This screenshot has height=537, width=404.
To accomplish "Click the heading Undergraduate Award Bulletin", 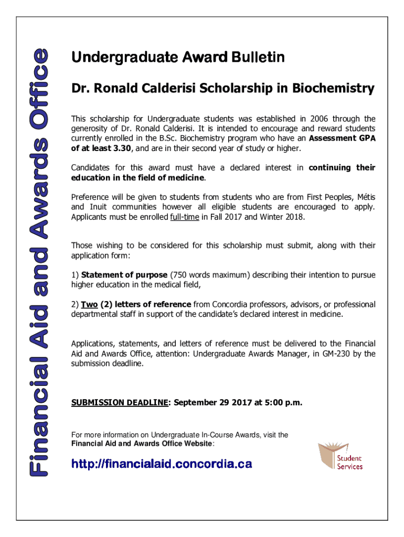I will [x=178, y=57].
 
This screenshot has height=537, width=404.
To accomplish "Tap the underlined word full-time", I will [x=184, y=216].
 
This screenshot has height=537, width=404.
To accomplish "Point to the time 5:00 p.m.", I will [x=283, y=403].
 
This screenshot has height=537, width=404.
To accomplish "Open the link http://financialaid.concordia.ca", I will [x=162, y=464].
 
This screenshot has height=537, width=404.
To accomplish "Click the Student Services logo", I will [x=341, y=457].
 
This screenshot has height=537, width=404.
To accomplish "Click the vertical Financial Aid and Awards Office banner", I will [x=39, y=262].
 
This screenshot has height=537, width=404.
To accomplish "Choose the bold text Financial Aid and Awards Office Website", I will [x=142, y=444].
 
